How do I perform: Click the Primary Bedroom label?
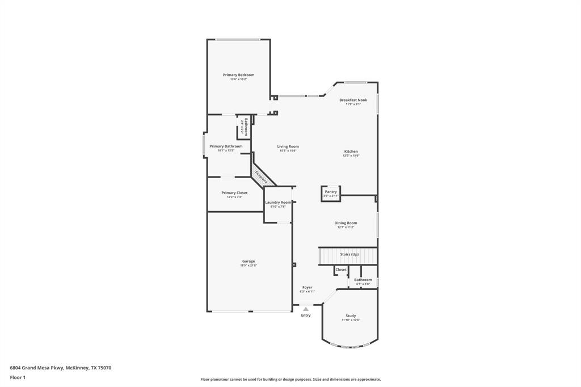[238, 75]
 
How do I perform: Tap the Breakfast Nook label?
[353, 100]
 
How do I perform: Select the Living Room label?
[288, 146]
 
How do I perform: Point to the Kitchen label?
[351, 152]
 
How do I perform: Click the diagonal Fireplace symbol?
[262, 176]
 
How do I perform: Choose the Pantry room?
[331, 193]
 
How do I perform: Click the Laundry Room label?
[278, 203]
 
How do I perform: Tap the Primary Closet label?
[234, 193]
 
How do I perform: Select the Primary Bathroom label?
[226, 146]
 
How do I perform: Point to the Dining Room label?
[346, 223]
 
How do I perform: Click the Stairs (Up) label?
[349, 254]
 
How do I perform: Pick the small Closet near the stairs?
[341, 270]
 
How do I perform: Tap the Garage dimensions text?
[249, 266]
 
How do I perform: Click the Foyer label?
[307, 288]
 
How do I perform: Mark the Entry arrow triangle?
[306, 309]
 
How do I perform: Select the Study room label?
[351, 316]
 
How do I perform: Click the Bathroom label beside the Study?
[363, 280]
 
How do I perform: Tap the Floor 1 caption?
[18, 377]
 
